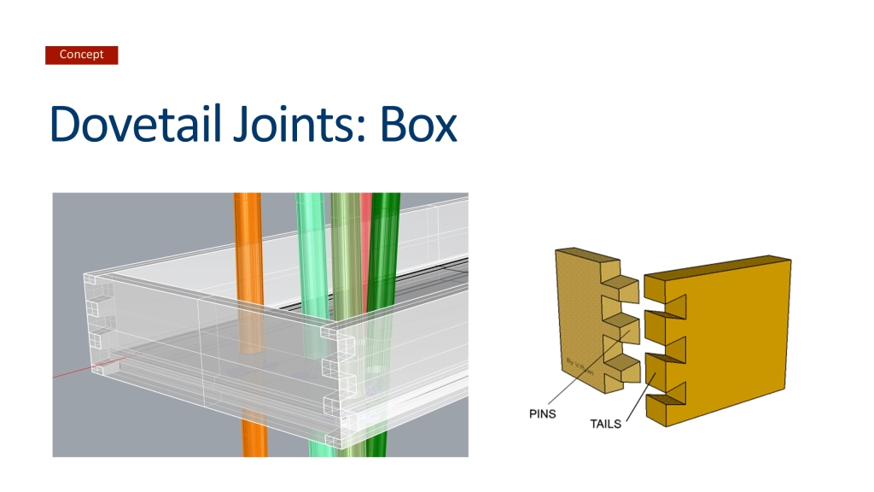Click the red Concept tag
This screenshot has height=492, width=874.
click(81, 55)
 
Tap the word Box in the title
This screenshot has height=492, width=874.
click(418, 124)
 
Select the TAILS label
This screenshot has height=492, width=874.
click(605, 423)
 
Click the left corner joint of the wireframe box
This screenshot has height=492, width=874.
click(97, 325)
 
